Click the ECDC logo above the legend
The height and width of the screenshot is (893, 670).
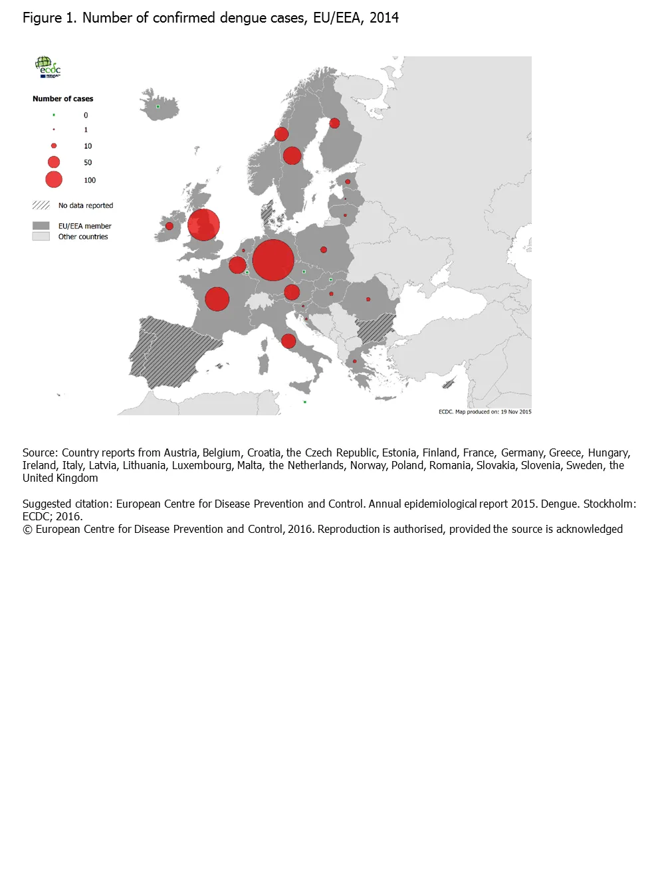tap(48, 67)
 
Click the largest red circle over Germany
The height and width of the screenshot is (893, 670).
tap(273, 260)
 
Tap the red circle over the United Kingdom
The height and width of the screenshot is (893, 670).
tap(203, 225)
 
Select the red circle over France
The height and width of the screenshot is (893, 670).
tap(217, 299)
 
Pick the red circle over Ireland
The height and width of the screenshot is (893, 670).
tap(169, 226)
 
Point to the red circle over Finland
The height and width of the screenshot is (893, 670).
tap(334, 123)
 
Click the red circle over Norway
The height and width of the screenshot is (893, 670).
tap(281, 134)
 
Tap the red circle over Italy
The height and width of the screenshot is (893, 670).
tap(288, 342)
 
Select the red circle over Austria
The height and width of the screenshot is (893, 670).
tap(292, 292)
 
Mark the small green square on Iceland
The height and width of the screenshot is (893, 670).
tap(158, 106)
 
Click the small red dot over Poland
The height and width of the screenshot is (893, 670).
tap(324, 250)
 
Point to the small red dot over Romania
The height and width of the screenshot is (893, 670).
tap(368, 299)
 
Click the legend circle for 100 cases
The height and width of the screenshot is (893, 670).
tap(54, 179)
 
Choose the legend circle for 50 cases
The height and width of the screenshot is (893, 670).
tap(54, 162)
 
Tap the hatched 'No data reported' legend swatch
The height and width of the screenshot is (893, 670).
tap(41, 205)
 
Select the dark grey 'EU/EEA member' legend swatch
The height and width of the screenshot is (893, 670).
tap(41, 226)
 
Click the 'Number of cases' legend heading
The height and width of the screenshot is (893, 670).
tap(62, 99)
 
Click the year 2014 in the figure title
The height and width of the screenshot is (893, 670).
tap(384, 18)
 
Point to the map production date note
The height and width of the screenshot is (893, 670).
tap(485, 412)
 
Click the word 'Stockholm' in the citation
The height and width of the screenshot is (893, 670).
tap(610, 504)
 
